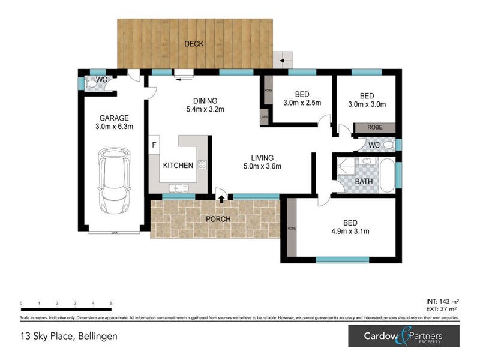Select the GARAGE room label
pos(114,118)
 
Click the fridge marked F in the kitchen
pos(154,145)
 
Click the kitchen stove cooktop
pos(202,165)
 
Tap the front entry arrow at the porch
pos(221,199)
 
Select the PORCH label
pos(218,219)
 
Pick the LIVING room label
pos(262,158)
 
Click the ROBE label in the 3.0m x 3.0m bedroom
pos(374,128)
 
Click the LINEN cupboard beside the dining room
pos(263,117)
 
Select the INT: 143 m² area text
pos(441,302)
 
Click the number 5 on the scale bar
pos(111,304)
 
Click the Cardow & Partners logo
pos(403,336)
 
